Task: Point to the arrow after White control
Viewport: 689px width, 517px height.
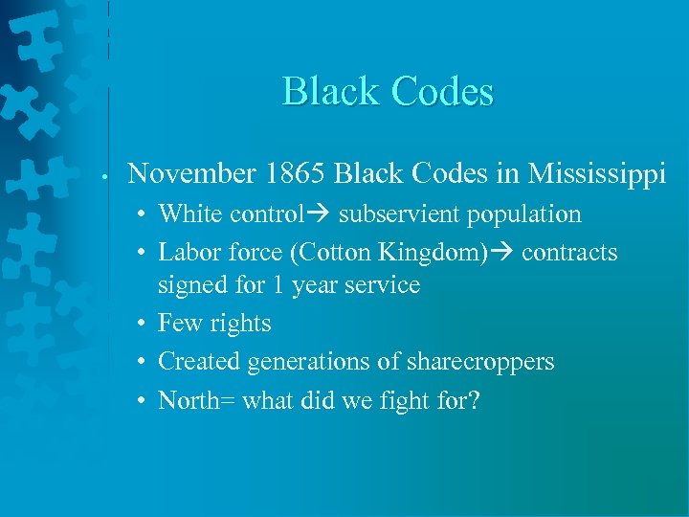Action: click(320, 214)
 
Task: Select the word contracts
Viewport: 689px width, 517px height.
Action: click(569, 253)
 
